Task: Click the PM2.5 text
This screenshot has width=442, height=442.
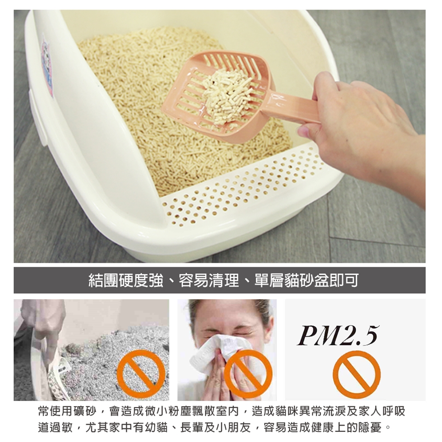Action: coord(337,336)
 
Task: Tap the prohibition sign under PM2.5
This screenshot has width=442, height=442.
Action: coord(356,374)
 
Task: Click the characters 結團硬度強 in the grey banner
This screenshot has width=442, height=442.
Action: coord(126,280)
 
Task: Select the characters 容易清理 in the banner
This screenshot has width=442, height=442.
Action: coord(209,280)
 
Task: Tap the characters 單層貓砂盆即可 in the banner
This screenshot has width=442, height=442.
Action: coord(307,280)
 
